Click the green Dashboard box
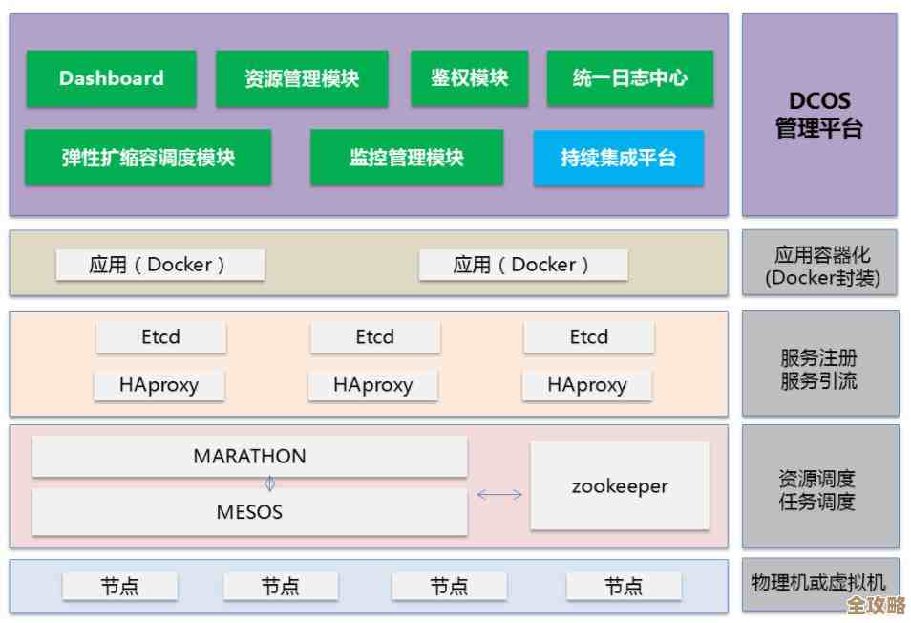(x=111, y=78)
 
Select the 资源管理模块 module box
(x=302, y=78)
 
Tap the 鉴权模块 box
(x=469, y=78)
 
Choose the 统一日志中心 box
(x=629, y=78)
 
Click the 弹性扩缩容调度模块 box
(x=148, y=158)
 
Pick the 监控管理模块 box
(x=407, y=158)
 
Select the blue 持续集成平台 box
(x=618, y=158)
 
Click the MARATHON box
(x=249, y=457)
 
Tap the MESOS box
(x=249, y=512)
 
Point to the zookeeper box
(x=620, y=485)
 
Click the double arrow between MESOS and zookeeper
(x=499, y=494)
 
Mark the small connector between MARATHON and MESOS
(x=269, y=483)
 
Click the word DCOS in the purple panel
(x=819, y=101)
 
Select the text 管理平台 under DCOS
(x=819, y=128)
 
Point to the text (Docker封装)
(x=821, y=278)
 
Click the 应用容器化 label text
(x=821, y=255)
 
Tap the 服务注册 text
(x=819, y=358)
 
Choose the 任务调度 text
(x=817, y=502)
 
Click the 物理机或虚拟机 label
(x=818, y=582)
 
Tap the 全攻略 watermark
(x=876, y=606)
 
